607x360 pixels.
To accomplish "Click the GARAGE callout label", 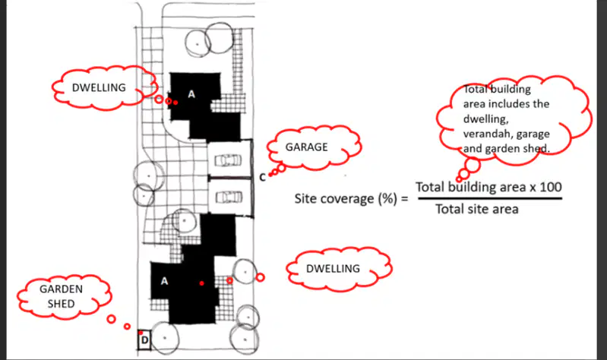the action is click(306, 147).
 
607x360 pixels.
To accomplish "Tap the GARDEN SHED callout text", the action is click(62, 296).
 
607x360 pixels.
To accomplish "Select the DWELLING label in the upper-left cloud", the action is click(99, 87).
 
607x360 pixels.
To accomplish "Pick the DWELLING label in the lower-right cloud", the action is click(333, 269).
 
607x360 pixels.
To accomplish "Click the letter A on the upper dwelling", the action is click(191, 94).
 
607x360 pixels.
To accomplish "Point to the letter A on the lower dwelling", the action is click(165, 281).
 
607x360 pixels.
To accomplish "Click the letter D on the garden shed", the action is click(145, 340).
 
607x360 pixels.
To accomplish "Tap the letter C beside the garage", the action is click(262, 177).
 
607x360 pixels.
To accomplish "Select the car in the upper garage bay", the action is click(228, 160).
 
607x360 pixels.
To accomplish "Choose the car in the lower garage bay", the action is click(229, 197).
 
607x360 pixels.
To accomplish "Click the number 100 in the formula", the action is click(551, 187).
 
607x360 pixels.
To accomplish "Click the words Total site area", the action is click(477, 210).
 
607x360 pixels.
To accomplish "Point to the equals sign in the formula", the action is click(404, 199).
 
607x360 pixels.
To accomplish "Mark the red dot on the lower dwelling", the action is click(201, 283).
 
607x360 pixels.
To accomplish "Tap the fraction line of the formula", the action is click(490, 198).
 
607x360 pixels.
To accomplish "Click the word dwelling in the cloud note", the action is click(485, 119).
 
